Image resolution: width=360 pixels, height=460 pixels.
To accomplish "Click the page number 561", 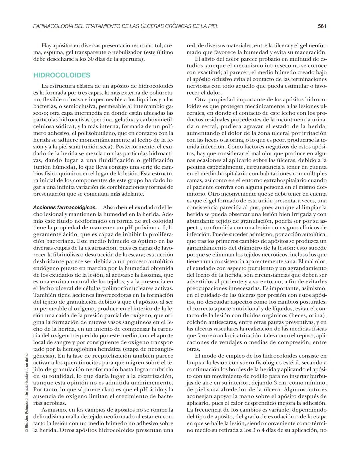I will coord(322,26).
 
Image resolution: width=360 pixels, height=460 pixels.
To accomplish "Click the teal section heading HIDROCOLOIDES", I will coord(62,75).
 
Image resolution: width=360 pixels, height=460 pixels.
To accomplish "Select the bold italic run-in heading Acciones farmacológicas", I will coord(65,207).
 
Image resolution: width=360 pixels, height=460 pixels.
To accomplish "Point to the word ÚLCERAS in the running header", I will coord(151,26).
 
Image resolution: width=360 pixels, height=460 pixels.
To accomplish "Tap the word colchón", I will coord(196,322).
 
